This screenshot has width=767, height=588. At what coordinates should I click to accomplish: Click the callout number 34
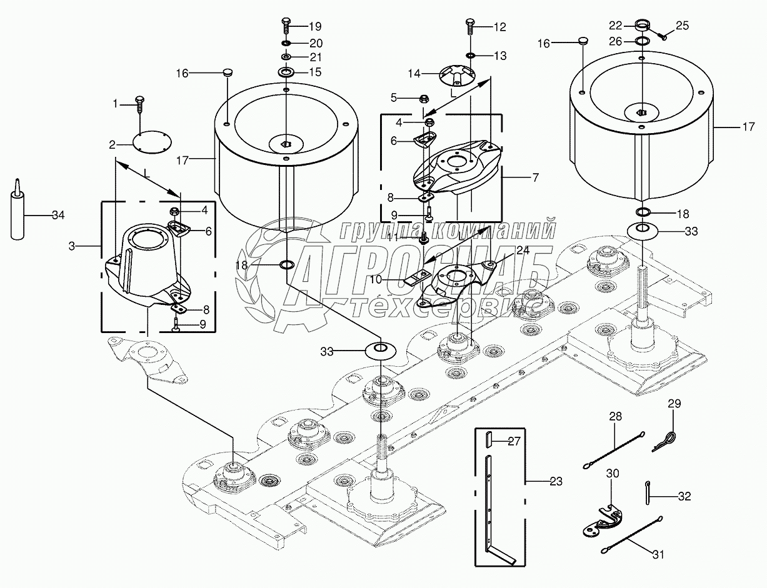pyautogui.click(x=58, y=216)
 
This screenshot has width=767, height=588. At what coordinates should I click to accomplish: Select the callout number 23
pyautogui.click(x=556, y=482)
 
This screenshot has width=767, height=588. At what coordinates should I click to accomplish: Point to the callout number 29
pyautogui.click(x=674, y=405)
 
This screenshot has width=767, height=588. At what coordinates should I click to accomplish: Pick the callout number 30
pyautogui.click(x=613, y=474)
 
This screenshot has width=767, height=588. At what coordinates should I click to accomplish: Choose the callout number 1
pyautogui.click(x=115, y=104)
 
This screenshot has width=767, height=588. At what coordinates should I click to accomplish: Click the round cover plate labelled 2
pyautogui.click(x=153, y=142)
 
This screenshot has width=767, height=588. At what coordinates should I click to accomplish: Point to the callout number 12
pyautogui.click(x=499, y=27)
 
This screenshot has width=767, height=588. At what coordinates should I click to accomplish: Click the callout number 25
pyautogui.click(x=682, y=26)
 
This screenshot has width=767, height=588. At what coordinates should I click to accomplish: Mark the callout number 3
pyautogui.click(x=72, y=247)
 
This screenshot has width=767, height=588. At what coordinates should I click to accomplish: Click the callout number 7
pyautogui.click(x=534, y=178)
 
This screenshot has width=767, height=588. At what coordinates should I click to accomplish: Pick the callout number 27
pyautogui.click(x=514, y=442)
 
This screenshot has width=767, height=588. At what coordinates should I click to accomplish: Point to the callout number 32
pyautogui.click(x=684, y=497)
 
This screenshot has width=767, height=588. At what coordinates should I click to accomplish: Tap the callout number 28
pyautogui.click(x=616, y=416)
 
